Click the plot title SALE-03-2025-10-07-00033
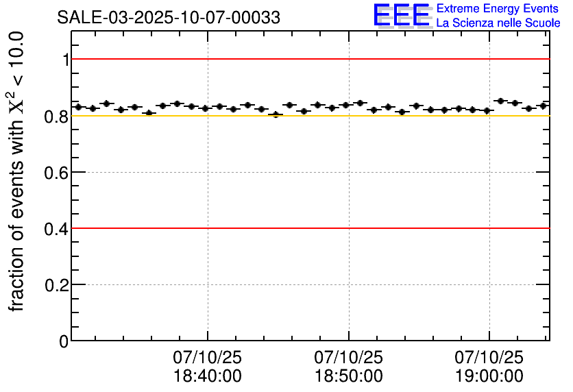[169, 18]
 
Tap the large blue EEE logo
[402, 16]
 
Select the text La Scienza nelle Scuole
[498, 23]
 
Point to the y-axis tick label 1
[66, 60]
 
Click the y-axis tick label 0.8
[58, 116]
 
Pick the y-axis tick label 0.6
[58, 172]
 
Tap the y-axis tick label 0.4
[58, 228]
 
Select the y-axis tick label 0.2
[58, 284]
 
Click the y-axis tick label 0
[64, 341]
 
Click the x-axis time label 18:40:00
[208, 376]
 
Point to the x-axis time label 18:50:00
[349, 376]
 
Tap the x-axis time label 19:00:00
[489, 376]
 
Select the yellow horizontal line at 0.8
[411, 116]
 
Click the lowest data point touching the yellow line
[276, 114]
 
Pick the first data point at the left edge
[78, 107]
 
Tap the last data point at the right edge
[544, 106]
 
